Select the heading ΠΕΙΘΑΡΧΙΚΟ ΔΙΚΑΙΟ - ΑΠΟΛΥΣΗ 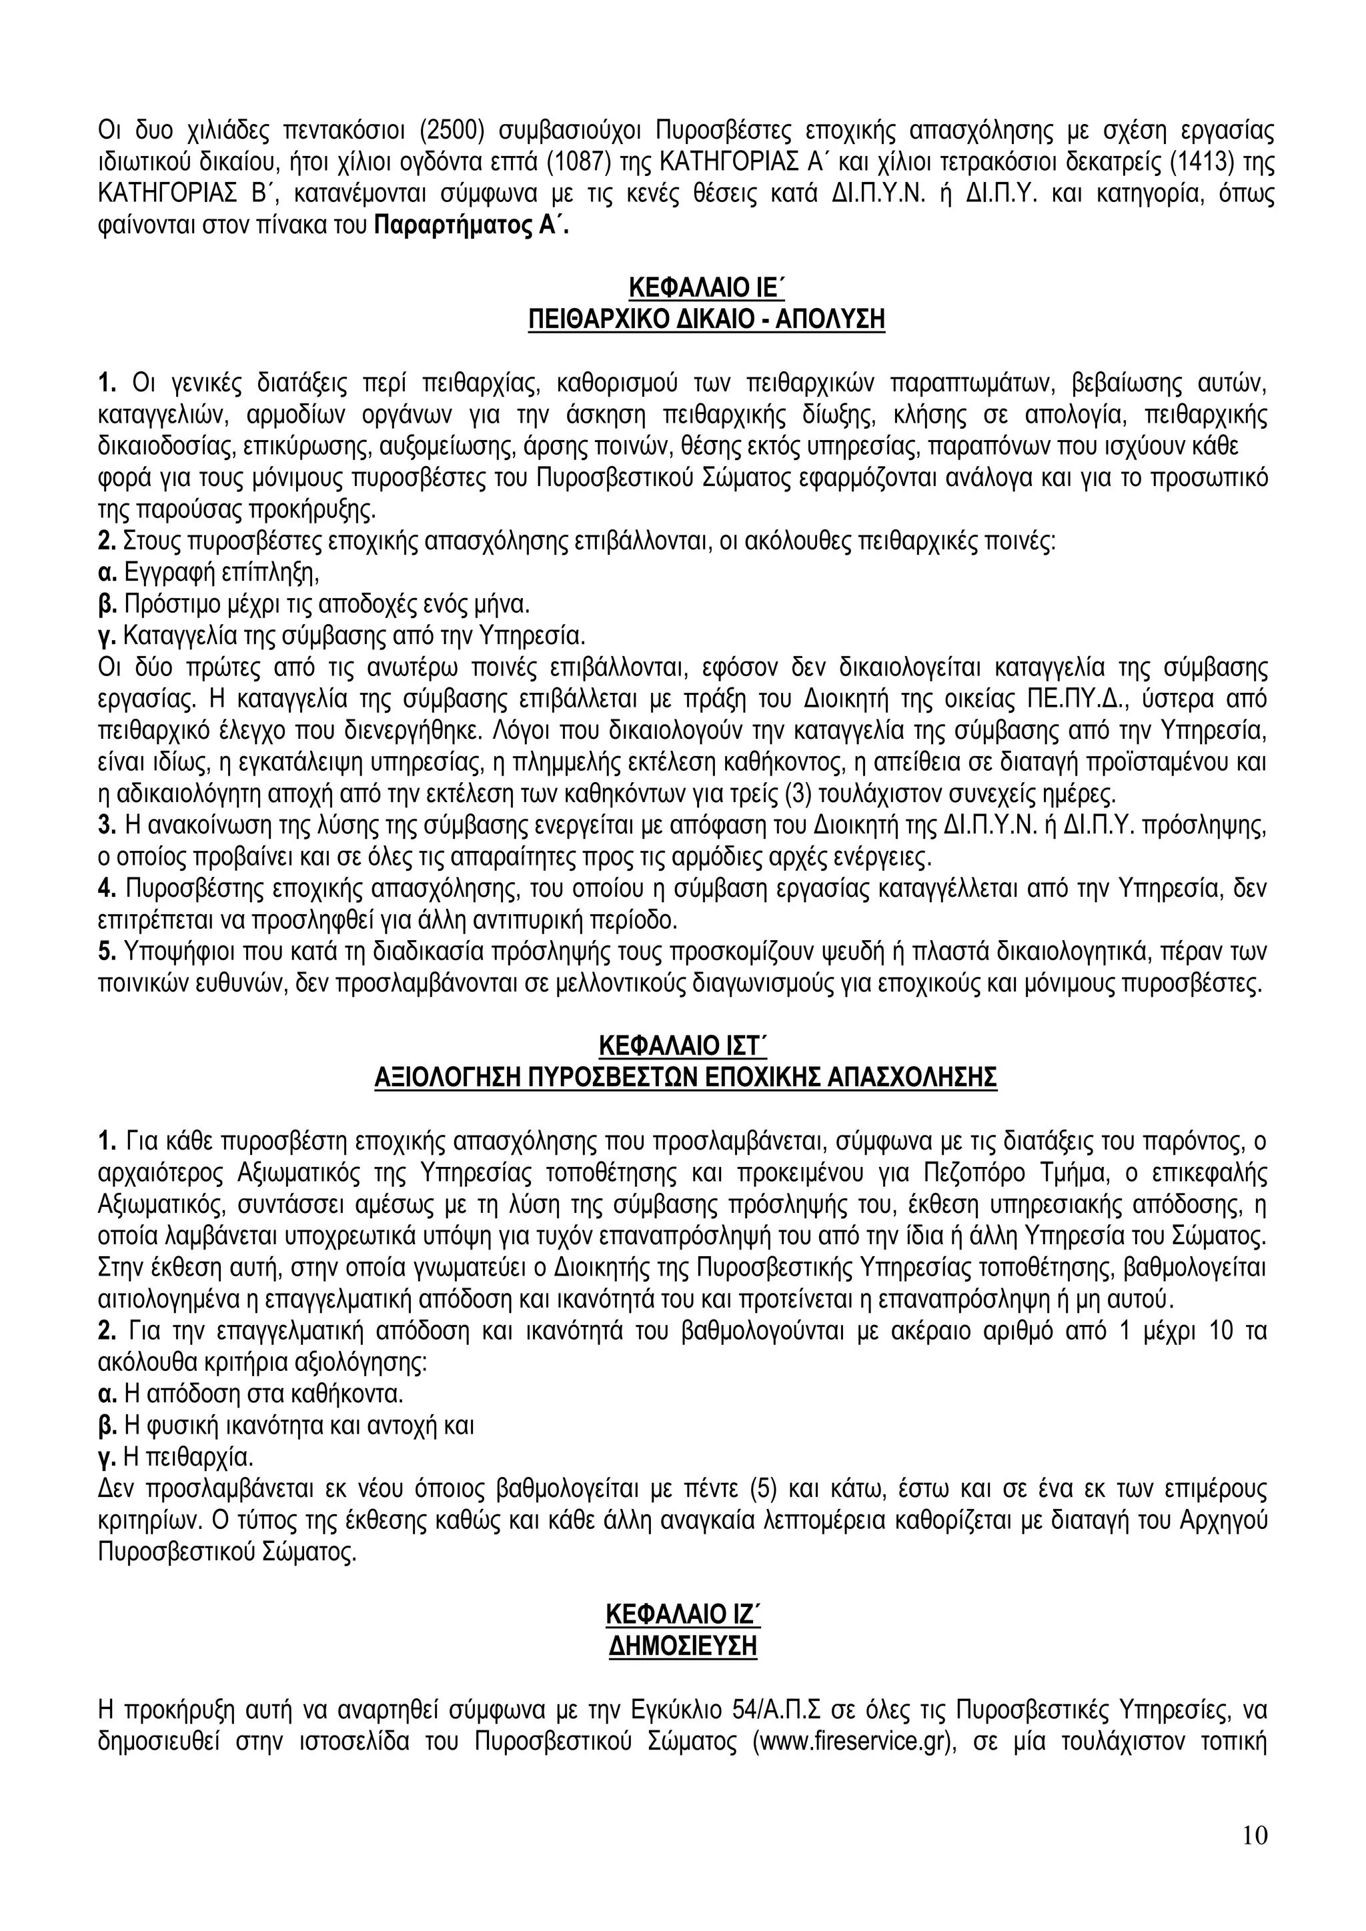point(706,321)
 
